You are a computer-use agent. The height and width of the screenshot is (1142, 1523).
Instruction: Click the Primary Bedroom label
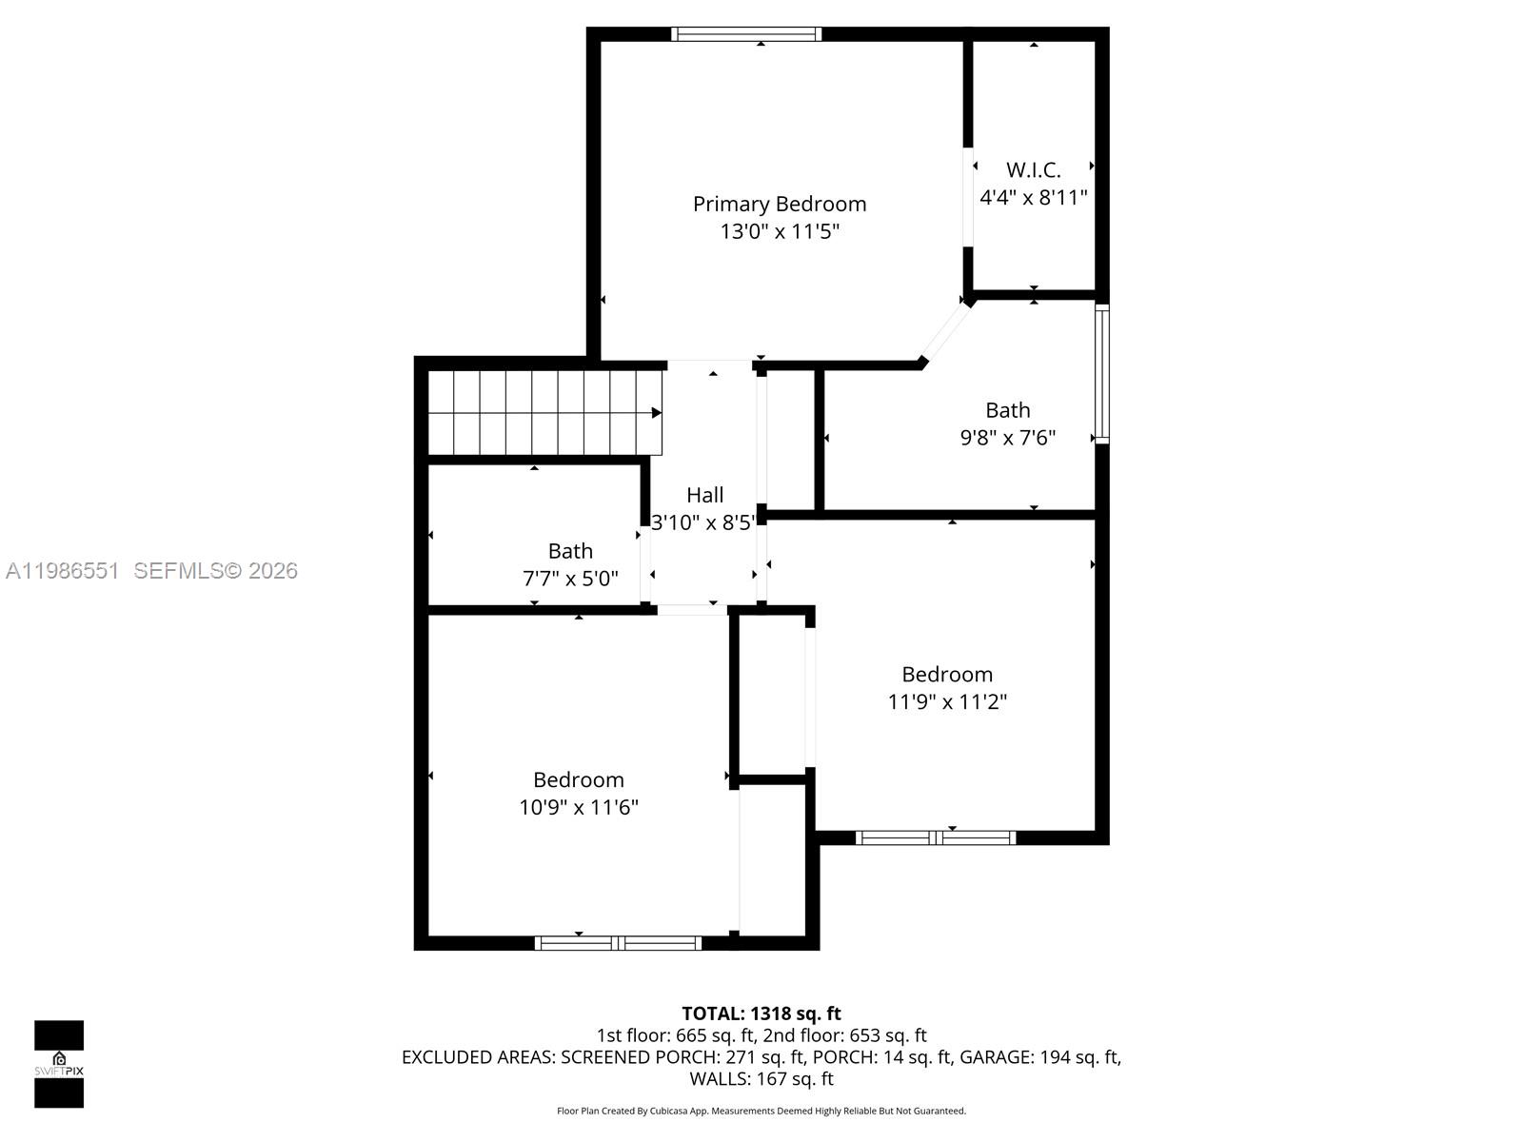click(x=779, y=204)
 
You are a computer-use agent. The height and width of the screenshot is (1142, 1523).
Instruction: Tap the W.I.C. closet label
click(x=1033, y=170)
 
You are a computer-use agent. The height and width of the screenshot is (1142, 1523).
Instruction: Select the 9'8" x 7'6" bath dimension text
click(x=1007, y=438)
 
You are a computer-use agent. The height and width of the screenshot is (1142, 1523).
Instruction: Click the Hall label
click(x=704, y=495)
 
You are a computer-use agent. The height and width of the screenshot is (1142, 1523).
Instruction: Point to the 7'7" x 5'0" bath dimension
click(x=570, y=579)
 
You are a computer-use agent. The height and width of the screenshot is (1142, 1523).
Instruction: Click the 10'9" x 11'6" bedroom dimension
click(x=578, y=808)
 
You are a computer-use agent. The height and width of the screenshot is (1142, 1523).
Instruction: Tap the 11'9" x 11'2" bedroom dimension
click(x=947, y=702)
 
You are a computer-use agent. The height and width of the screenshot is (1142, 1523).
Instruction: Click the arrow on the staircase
click(x=656, y=413)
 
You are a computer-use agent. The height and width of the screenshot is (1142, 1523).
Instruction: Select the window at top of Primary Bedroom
click(x=745, y=34)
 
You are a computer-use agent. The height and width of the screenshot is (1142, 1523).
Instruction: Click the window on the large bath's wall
click(x=1101, y=374)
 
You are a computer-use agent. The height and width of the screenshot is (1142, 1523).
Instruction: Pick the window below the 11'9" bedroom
click(x=936, y=838)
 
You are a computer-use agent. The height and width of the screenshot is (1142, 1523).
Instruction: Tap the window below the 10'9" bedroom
click(x=618, y=943)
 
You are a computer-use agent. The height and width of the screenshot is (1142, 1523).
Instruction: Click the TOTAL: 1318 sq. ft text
click(x=761, y=1014)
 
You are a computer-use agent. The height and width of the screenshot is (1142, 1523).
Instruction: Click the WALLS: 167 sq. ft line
click(x=761, y=1079)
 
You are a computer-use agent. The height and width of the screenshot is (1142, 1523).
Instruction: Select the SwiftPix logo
click(x=59, y=1064)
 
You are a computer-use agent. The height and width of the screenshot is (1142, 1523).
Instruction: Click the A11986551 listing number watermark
click(x=62, y=571)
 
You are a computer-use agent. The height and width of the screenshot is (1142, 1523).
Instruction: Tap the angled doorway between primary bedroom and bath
click(x=945, y=331)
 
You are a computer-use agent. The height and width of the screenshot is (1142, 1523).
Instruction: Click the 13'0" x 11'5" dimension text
click(x=779, y=231)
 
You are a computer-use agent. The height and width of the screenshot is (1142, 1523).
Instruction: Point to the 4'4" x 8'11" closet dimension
click(x=1033, y=198)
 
